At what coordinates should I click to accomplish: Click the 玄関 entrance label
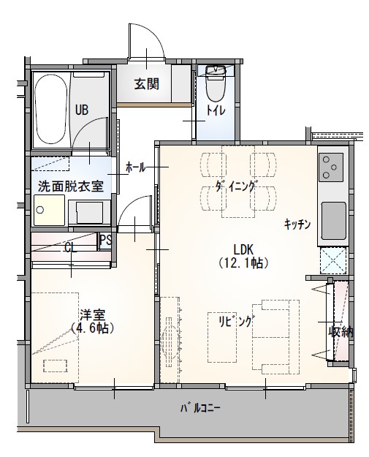pyautogui.click(x=146, y=83)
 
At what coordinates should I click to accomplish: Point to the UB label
pyautogui.click(x=81, y=110)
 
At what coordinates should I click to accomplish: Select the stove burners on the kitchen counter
pyautogui.click(x=333, y=167)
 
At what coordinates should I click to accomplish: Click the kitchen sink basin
pyautogui.click(x=333, y=218)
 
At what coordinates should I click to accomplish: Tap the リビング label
pyautogui.click(x=235, y=321)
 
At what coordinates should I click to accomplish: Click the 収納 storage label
pyautogui.click(x=341, y=331)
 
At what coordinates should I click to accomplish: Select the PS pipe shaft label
pyautogui.click(x=105, y=239)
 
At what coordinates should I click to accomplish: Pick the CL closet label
pyautogui.click(x=71, y=248)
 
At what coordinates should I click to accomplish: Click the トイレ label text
pyautogui.click(x=216, y=110)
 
